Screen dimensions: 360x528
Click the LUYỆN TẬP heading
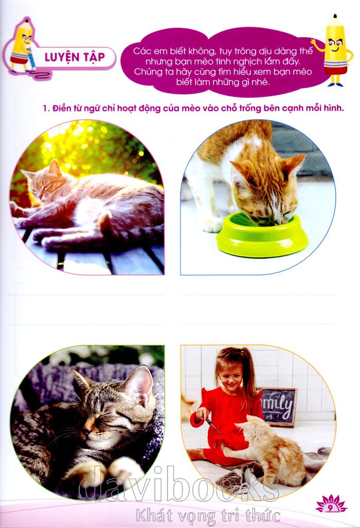[75, 57]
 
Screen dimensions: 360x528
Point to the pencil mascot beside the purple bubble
[334, 50]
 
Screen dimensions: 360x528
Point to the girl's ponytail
[249, 373]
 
